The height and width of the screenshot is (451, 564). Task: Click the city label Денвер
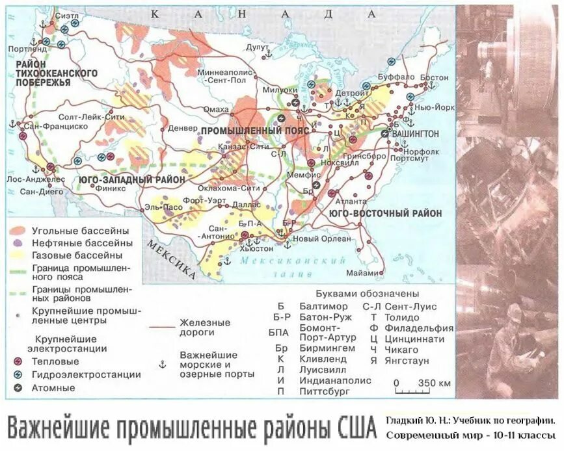[x=182, y=129]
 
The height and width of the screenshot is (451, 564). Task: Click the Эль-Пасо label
[x=159, y=207]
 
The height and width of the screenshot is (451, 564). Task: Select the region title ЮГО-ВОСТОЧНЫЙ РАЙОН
[x=385, y=213]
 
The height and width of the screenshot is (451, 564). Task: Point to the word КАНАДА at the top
[x=263, y=14]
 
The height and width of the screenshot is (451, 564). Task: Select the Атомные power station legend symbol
[x=18, y=388]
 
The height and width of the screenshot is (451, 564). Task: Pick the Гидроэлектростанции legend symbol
[x=18, y=374]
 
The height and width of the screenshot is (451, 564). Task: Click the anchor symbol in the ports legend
[x=163, y=364]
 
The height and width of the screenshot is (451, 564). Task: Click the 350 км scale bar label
[x=435, y=383]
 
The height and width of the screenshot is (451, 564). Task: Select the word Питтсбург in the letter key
[x=325, y=391]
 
